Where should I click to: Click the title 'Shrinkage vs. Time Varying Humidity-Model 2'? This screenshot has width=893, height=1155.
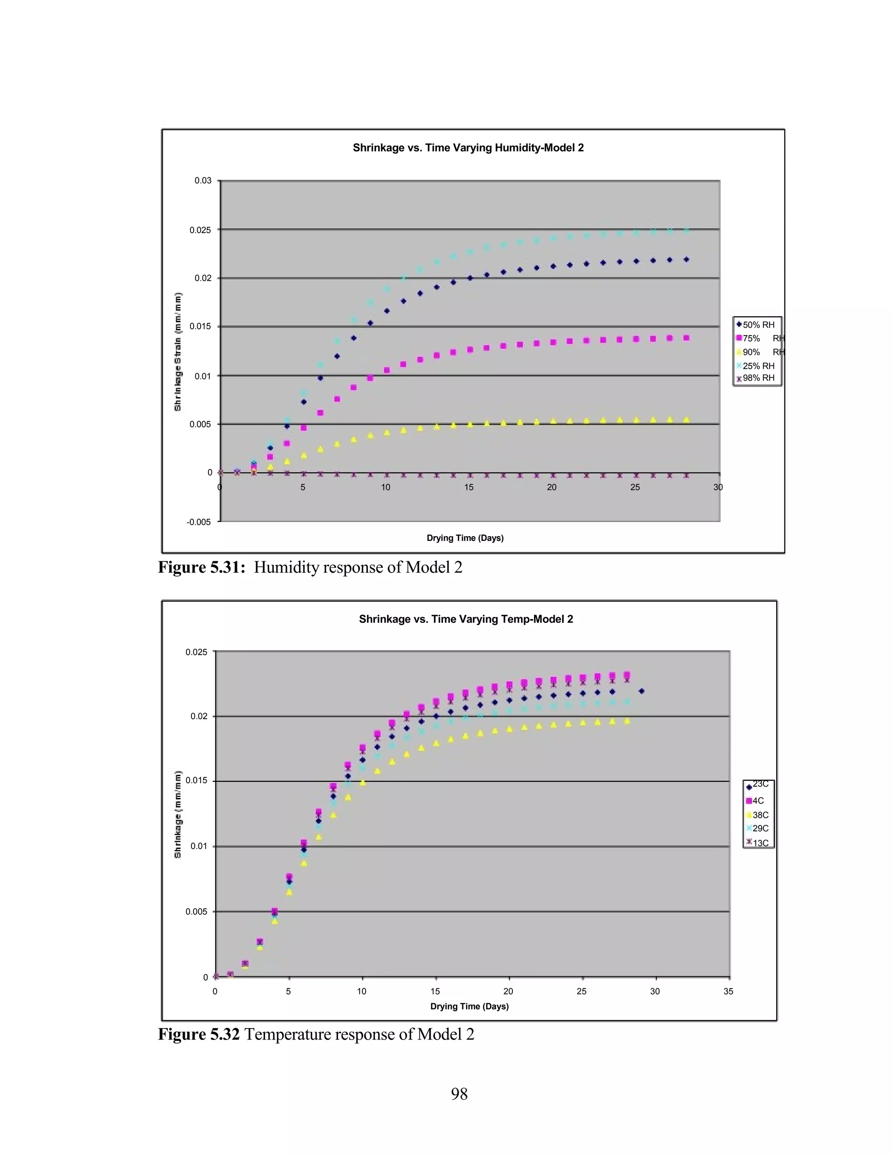pyautogui.click(x=468, y=148)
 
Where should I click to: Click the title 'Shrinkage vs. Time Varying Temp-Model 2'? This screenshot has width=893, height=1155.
pyautogui.click(x=466, y=619)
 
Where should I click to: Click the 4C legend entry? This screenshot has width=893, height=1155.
pyautogui.click(x=757, y=801)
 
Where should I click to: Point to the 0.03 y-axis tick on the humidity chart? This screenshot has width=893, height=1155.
pyautogui.click(x=203, y=181)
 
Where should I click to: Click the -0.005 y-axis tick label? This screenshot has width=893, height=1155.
pyautogui.click(x=198, y=522)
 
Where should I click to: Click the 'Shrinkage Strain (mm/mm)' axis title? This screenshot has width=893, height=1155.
pyautogui.click(x=178, y=352)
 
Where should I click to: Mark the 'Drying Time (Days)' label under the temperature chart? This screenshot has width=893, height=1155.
pyautogui.click(x=469, y=1006)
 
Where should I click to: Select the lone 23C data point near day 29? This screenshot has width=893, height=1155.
pyautogui.click(x=641, y=691)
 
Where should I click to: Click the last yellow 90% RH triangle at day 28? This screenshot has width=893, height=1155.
pyautogui.click(x=686, y=420)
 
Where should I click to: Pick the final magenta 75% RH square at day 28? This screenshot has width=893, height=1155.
pyautogui.click(x=686, y=337)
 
